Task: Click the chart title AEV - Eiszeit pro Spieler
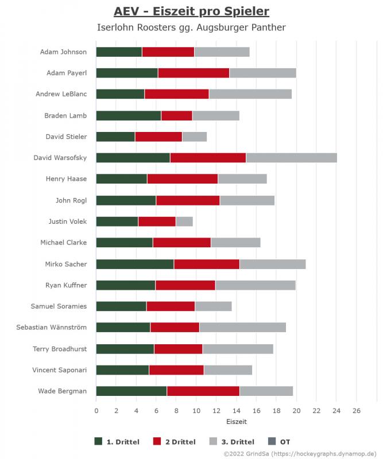(x=191, y=11)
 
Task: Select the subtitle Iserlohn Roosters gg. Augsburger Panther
(x=191, y=27)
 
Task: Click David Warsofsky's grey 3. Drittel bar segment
(x=291, y=158)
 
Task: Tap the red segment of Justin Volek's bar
(x=157, y=221)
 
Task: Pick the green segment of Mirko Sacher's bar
(x=135, y=264)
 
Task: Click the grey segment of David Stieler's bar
(x=194, y=137)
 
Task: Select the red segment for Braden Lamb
(x=177, y=115)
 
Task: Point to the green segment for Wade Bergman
(x=131, y=391)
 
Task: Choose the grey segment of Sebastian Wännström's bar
(x=242, y=328)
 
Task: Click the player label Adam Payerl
(x=67, y=73)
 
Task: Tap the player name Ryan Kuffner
(x=66, y=285)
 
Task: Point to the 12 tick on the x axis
(x=216, y=411)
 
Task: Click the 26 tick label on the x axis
(x=356, y=411)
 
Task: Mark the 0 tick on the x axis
(x=96, y=411)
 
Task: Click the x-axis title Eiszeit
(x=237, y=422)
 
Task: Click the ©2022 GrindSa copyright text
(x=292, y=453)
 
